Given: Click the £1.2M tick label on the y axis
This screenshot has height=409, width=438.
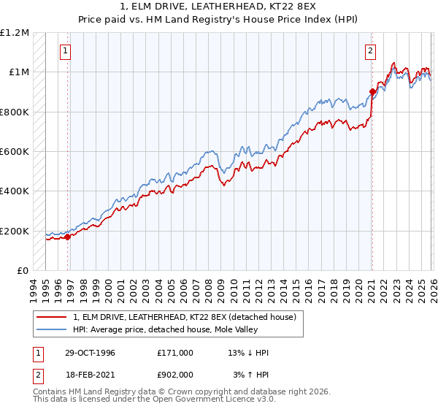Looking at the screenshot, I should [15, 33].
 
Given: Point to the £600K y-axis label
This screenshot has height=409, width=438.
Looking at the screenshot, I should [15, 152].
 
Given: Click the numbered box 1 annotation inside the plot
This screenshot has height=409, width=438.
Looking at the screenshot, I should [66, 51].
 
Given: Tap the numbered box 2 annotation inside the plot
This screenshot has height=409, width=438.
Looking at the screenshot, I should [371, 51].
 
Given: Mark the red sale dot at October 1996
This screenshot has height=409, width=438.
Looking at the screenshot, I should [68, 237].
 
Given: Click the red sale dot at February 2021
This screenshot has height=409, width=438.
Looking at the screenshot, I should [372, 92].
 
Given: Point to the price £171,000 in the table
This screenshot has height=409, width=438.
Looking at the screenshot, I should [174, 353].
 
